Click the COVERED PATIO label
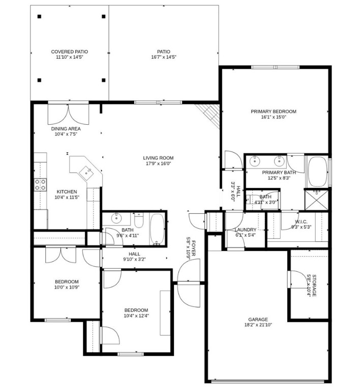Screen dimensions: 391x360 click(x=69, y=51)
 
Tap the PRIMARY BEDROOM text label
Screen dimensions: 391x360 click(x=273, y=111)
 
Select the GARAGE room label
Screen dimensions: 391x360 click(x=257, y=319)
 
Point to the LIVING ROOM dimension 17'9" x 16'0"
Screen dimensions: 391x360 click(x=158, y=164)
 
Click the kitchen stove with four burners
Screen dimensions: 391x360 click(x=40, y=185)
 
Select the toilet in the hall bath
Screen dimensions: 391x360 click(x=139, y=221)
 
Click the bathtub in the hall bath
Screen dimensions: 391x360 click(x=157, y=229)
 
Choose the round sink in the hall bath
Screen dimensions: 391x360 click(x=116, y=219)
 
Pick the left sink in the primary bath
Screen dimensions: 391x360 click(x=255, y=161)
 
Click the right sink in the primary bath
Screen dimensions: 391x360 click(x=279, y=161)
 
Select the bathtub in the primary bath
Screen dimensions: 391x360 click(x=318, y=172)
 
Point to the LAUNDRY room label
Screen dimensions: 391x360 click(x=245, y=230)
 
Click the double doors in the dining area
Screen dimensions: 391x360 click(x=68, y=114)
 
